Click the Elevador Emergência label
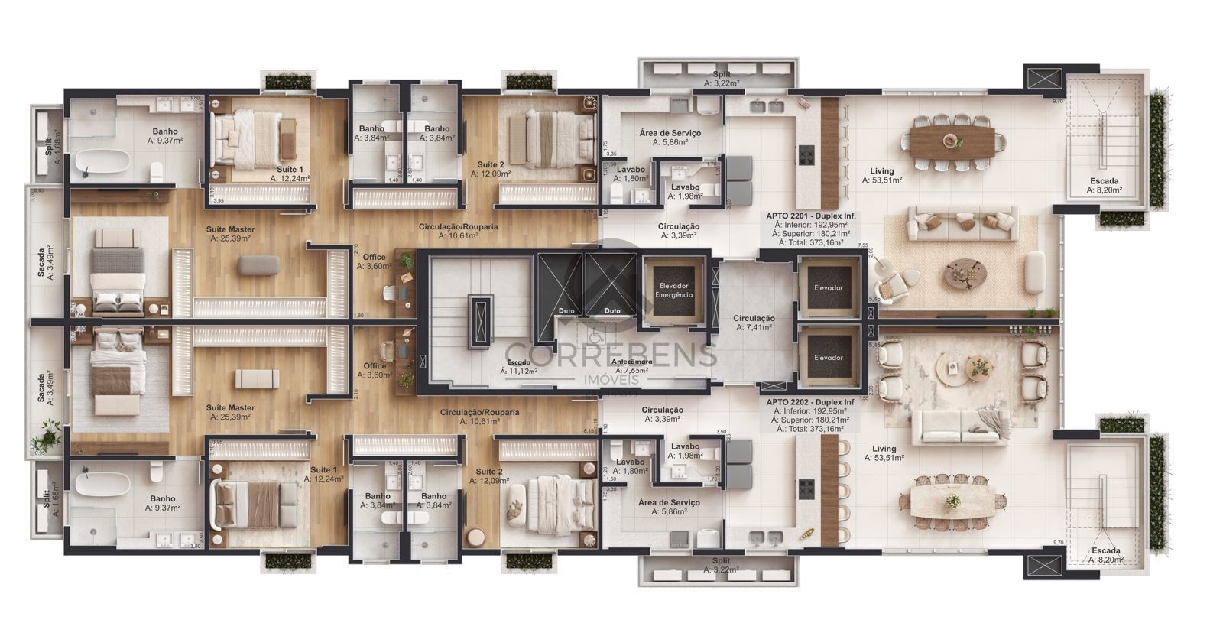pos(675,290)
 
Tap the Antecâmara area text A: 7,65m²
pos(631,370)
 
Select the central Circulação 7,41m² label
pos(754,323)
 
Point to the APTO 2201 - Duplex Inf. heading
pos(810,216)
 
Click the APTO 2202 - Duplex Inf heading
pos(810,402)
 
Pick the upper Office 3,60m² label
pos(374,261)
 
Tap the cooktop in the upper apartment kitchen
pos(806,156)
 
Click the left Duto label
pos(566,311)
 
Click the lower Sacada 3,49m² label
pos(47,388)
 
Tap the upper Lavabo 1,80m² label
pos(631,174)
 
